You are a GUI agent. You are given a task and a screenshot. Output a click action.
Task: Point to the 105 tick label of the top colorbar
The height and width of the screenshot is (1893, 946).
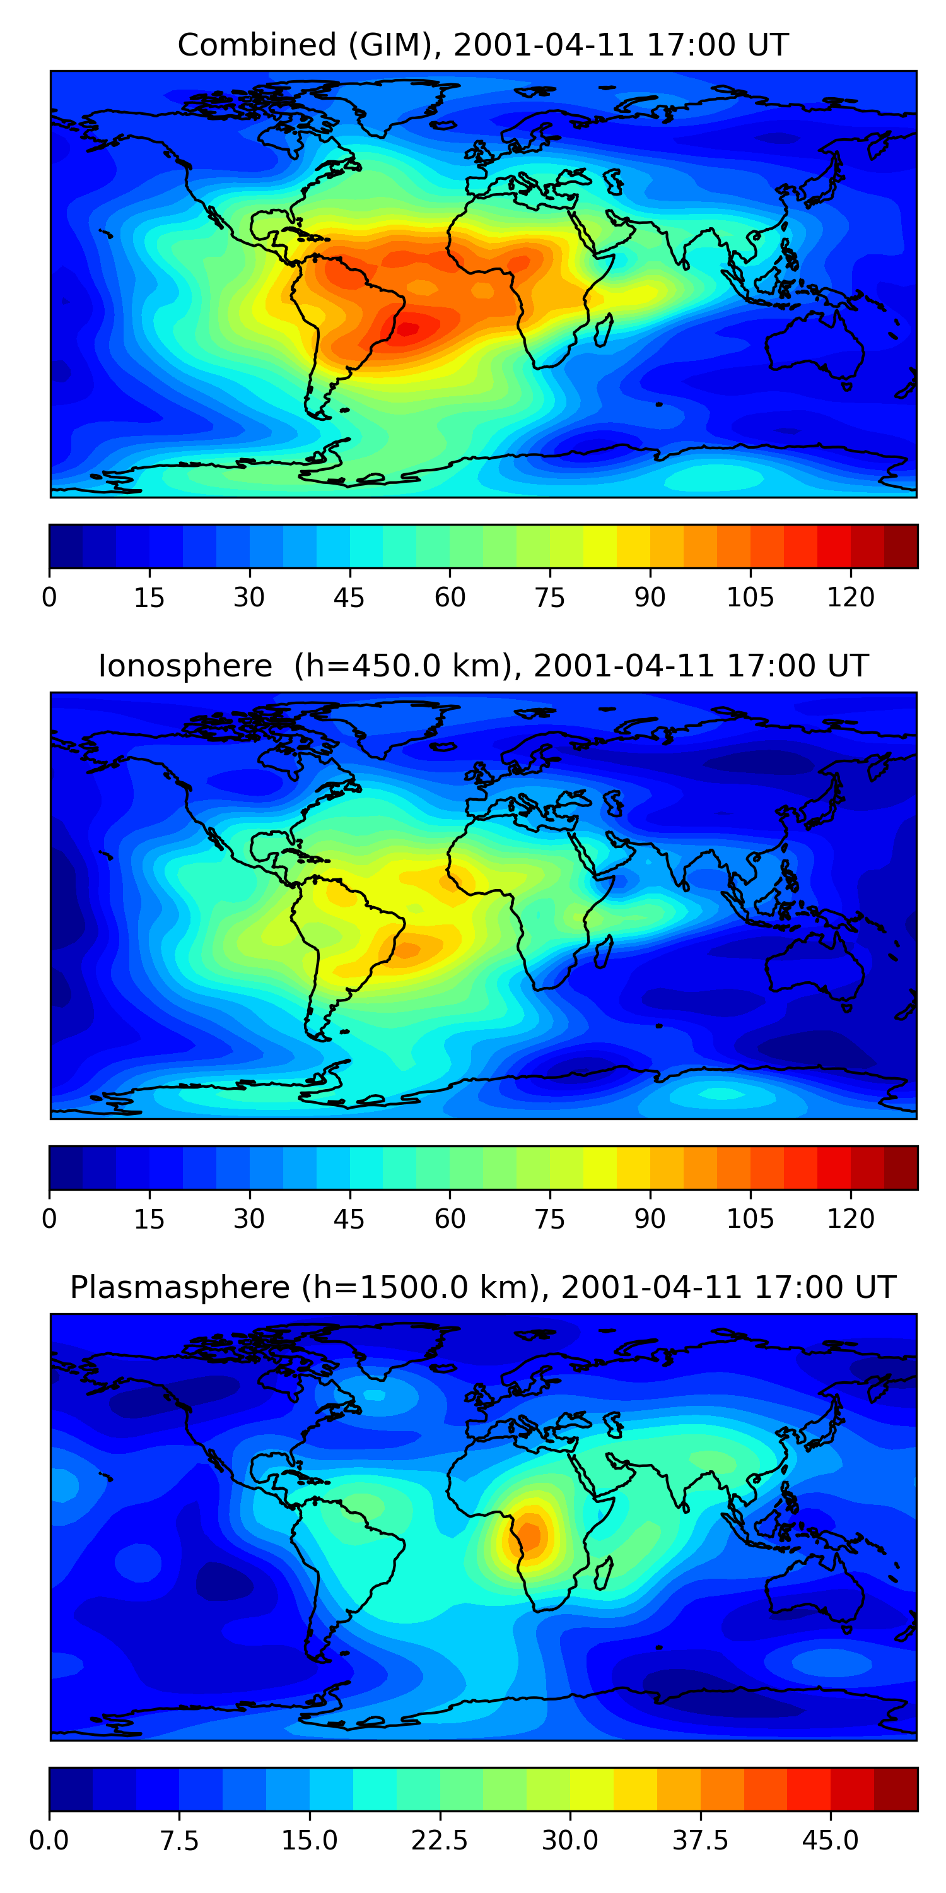tap(750, 598)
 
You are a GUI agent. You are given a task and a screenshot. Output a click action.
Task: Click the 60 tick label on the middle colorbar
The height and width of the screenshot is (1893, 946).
tap(450, 1219)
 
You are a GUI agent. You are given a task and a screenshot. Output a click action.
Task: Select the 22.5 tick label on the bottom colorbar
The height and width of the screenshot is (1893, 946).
tap(439, 1841)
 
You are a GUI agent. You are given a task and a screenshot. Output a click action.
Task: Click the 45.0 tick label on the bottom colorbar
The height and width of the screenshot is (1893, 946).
tap(830, 1841)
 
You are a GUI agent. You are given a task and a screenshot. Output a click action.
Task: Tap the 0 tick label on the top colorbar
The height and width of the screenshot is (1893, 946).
tap(49, 598)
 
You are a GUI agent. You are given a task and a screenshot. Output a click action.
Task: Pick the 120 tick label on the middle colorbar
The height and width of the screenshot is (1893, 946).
tap(851, 1219)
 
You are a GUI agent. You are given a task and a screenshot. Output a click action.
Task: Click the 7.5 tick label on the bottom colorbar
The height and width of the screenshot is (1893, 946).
tap(179, 1841)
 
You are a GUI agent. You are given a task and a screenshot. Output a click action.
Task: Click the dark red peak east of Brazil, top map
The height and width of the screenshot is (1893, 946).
tap(409, 327)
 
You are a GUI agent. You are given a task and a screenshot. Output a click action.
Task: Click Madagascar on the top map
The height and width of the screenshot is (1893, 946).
tap(604, 331)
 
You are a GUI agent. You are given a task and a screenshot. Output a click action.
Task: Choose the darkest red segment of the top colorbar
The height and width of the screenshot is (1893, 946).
tap(901, 546)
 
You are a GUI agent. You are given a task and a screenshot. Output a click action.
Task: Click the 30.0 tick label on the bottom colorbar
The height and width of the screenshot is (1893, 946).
tap(569, 1841)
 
